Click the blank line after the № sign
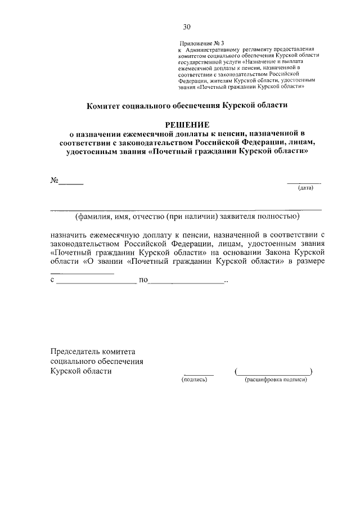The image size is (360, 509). tap(71, 183)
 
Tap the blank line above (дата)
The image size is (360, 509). tap(304, 183)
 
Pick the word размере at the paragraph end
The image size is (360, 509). tap(307, 262)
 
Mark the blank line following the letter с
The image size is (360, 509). tap(96, 282)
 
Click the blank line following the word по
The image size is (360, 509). tap(186, 282)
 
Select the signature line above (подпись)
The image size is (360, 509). tap(199, 373)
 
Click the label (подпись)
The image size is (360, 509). tap(195, 380)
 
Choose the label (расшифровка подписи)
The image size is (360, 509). tap(275, 380)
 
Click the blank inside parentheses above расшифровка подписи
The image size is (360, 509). tap(273, 372)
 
